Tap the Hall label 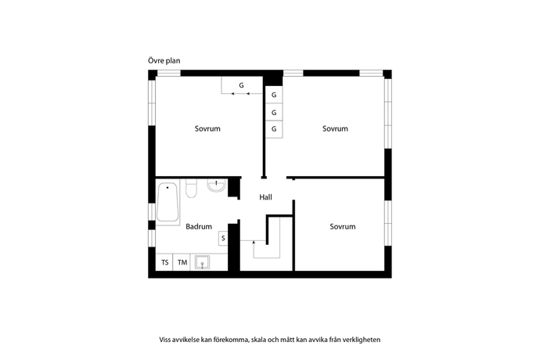point(265,198)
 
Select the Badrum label point(199,227)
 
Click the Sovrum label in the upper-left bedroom point(207,128)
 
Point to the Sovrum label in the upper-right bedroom point(335,128)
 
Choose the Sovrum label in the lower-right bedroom point(342,227)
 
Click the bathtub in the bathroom point(168,203)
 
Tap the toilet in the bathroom point(190,190)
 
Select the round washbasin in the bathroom point(217,185)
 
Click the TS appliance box point(164,262)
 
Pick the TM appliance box point(182,262)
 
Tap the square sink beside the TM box point(203,262)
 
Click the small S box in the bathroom point(222,238)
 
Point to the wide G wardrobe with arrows point(242,85)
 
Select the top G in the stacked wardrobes point(274,95)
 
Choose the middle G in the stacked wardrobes point(274,112)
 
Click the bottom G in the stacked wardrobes point(274,128)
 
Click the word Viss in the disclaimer point(166,340)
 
